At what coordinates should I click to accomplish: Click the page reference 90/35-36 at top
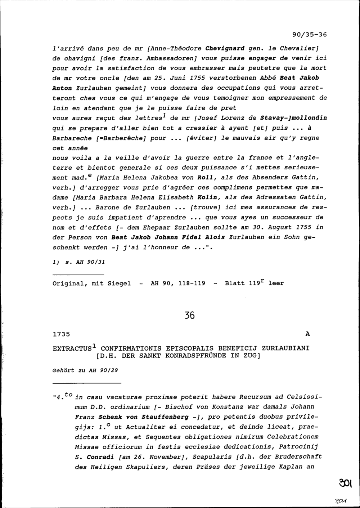pos(309,35)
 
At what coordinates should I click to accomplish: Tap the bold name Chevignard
pos(225,48)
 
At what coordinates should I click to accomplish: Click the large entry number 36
pos(189,316)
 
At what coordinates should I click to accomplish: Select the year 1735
pos(61,334)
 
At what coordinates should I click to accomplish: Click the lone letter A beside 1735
pos(307,334)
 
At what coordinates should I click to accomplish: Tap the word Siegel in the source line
pos(119,283)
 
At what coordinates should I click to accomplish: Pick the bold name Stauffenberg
pos(165,417)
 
